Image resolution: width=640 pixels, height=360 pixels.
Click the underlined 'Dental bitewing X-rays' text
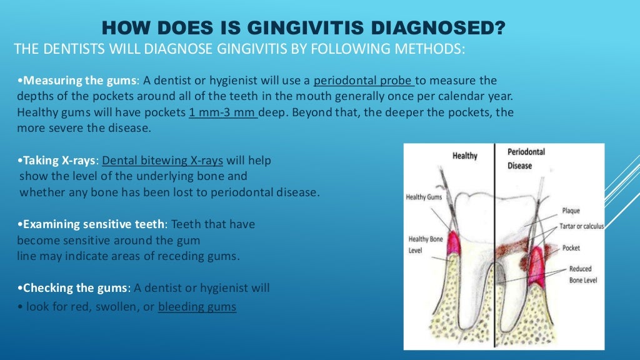point(162,161)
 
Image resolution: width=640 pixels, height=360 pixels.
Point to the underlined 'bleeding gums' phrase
point(197,307)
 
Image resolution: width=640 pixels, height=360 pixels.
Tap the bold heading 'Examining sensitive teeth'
point(93,224)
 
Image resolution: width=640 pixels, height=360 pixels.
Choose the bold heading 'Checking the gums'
point(74,288)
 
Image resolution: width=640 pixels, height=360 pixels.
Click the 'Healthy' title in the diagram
point(464,156)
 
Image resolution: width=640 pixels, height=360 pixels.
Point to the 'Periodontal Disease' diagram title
point(526,159)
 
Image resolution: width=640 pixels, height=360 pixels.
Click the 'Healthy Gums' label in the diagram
point(424,197)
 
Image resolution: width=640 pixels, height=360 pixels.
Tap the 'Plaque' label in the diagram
point(571,211)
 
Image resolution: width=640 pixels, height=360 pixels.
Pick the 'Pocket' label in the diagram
point(571,248)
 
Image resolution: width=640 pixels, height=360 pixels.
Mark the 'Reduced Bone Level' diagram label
point(582,274)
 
